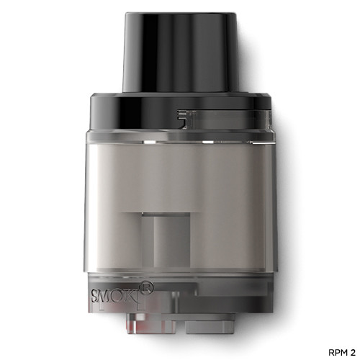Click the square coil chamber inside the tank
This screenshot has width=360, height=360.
click(x=165, y=238)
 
